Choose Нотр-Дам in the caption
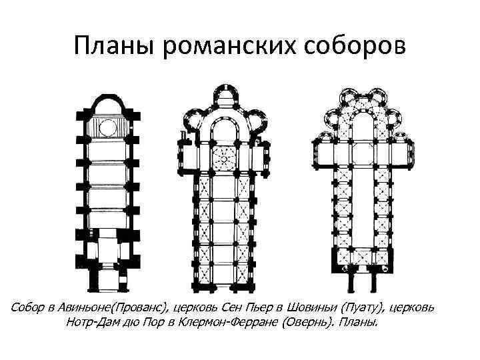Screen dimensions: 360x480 point(93,323)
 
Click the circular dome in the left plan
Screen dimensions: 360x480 point(107,127)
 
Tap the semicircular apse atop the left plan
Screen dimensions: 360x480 point(107,103)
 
